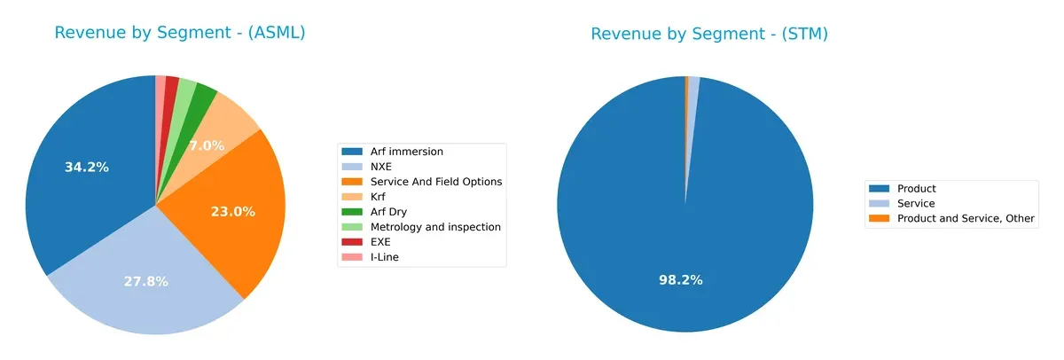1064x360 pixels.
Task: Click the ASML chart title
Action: tap(180, 33)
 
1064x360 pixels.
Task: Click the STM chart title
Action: tap(709, 35)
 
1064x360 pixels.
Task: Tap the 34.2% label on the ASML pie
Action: tap(87, 167)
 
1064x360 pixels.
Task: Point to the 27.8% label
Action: tap(145, 281)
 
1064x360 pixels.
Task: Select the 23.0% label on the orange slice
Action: tap(233, 212)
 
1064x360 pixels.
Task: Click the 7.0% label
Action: tap(207, 145)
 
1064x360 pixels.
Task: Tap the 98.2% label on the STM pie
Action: tap(680, 279)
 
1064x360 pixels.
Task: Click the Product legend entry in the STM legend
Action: tap(916, 189)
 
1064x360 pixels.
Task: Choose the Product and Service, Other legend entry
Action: tap(965, 218)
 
